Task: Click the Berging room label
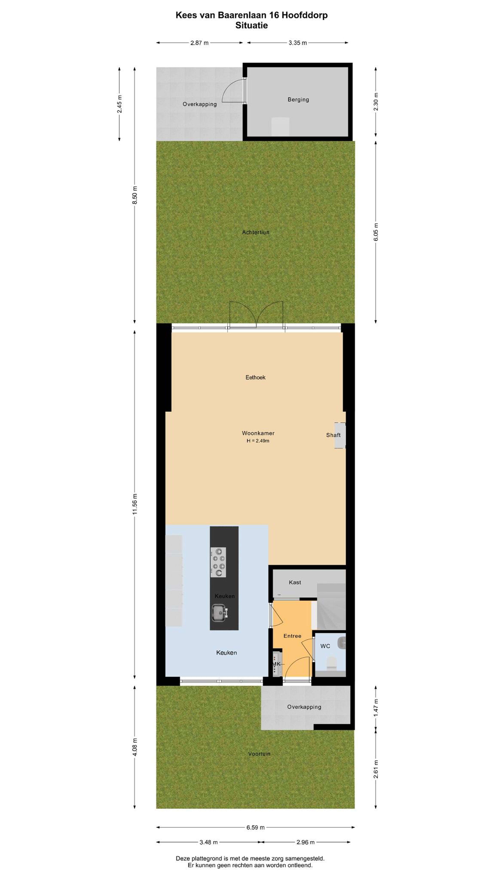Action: [x=298, y=99]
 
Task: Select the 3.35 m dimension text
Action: [x=298, y=43]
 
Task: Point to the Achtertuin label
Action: [x=255, y=232]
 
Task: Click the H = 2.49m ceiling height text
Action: [x=258, y=441]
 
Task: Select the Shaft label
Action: [x=333, y=435]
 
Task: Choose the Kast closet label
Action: [x=295, y=582]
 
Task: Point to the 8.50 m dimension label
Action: [x=135, y=195]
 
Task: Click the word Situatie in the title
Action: [x=251, y=25]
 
